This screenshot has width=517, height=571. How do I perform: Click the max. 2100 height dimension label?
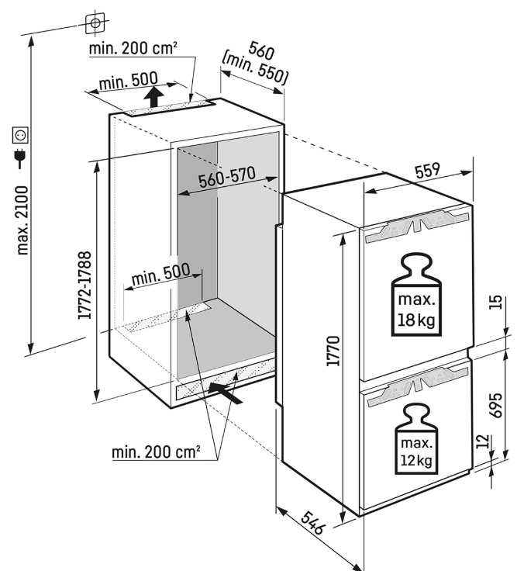click(22, 220)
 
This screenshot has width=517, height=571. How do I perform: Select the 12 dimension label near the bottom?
click(483, 443)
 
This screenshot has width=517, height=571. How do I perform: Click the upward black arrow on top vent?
click(155, 97)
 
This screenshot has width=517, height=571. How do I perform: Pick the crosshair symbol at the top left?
click(95, 23)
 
